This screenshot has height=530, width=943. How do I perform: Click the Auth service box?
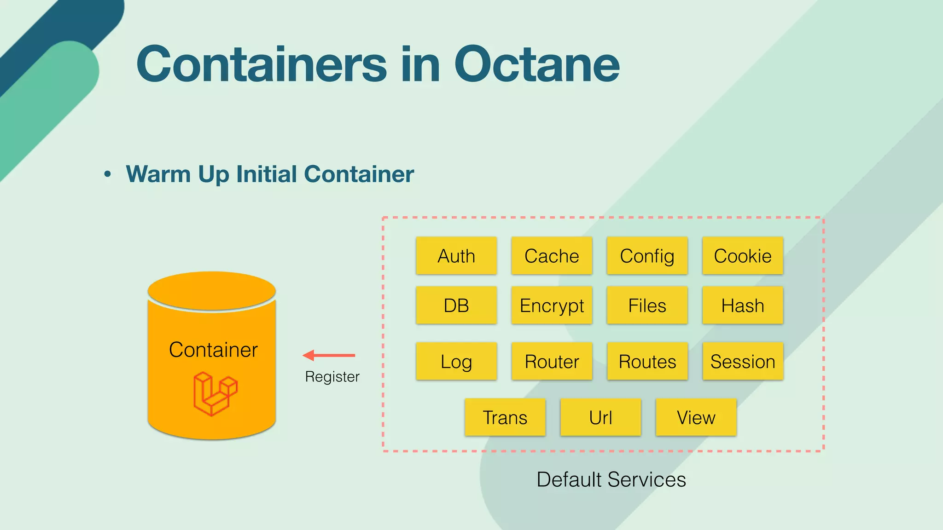[x=456, y=256]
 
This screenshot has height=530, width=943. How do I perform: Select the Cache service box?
[x=552, y=256]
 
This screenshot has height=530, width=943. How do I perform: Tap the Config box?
[x=647, y=256]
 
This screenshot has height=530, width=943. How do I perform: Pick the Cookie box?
[x=742, y=256]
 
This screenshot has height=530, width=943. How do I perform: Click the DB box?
[x=456, y=305]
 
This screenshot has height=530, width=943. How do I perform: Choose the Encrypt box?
[x=552, y=305]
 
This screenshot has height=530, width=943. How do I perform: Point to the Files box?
[x=647, y=305]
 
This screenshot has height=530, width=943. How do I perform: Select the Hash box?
[x=742, y=305]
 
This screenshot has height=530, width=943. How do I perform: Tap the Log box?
[x=456, y=362]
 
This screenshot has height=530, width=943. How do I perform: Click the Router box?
[x=552, y=362]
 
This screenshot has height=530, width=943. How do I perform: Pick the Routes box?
[x=647, y=362]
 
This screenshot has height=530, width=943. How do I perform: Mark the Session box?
[x=742, y=362]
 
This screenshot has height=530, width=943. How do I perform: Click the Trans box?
[x=505, y=417]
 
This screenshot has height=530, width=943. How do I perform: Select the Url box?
[x=600, y=417]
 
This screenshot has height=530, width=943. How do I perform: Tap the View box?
[x=696, y=417]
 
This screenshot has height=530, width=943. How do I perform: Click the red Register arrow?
[x=329, y=355]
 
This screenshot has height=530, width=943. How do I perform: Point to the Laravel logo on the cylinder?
[x=215, y=394]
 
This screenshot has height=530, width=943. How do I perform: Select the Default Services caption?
[x=611, y=479]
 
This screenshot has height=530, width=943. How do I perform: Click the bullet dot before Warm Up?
[x=108, y=174]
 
